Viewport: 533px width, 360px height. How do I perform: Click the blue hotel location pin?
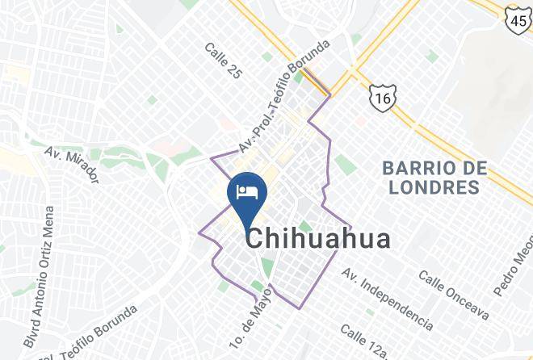(246, 197)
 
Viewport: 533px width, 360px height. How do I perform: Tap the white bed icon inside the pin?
(246, 192)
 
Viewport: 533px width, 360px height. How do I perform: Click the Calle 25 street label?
(224, 61)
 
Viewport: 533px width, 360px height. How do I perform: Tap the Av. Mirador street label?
(71, 165)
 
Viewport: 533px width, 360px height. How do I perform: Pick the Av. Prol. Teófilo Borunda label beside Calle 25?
(283, 96)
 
